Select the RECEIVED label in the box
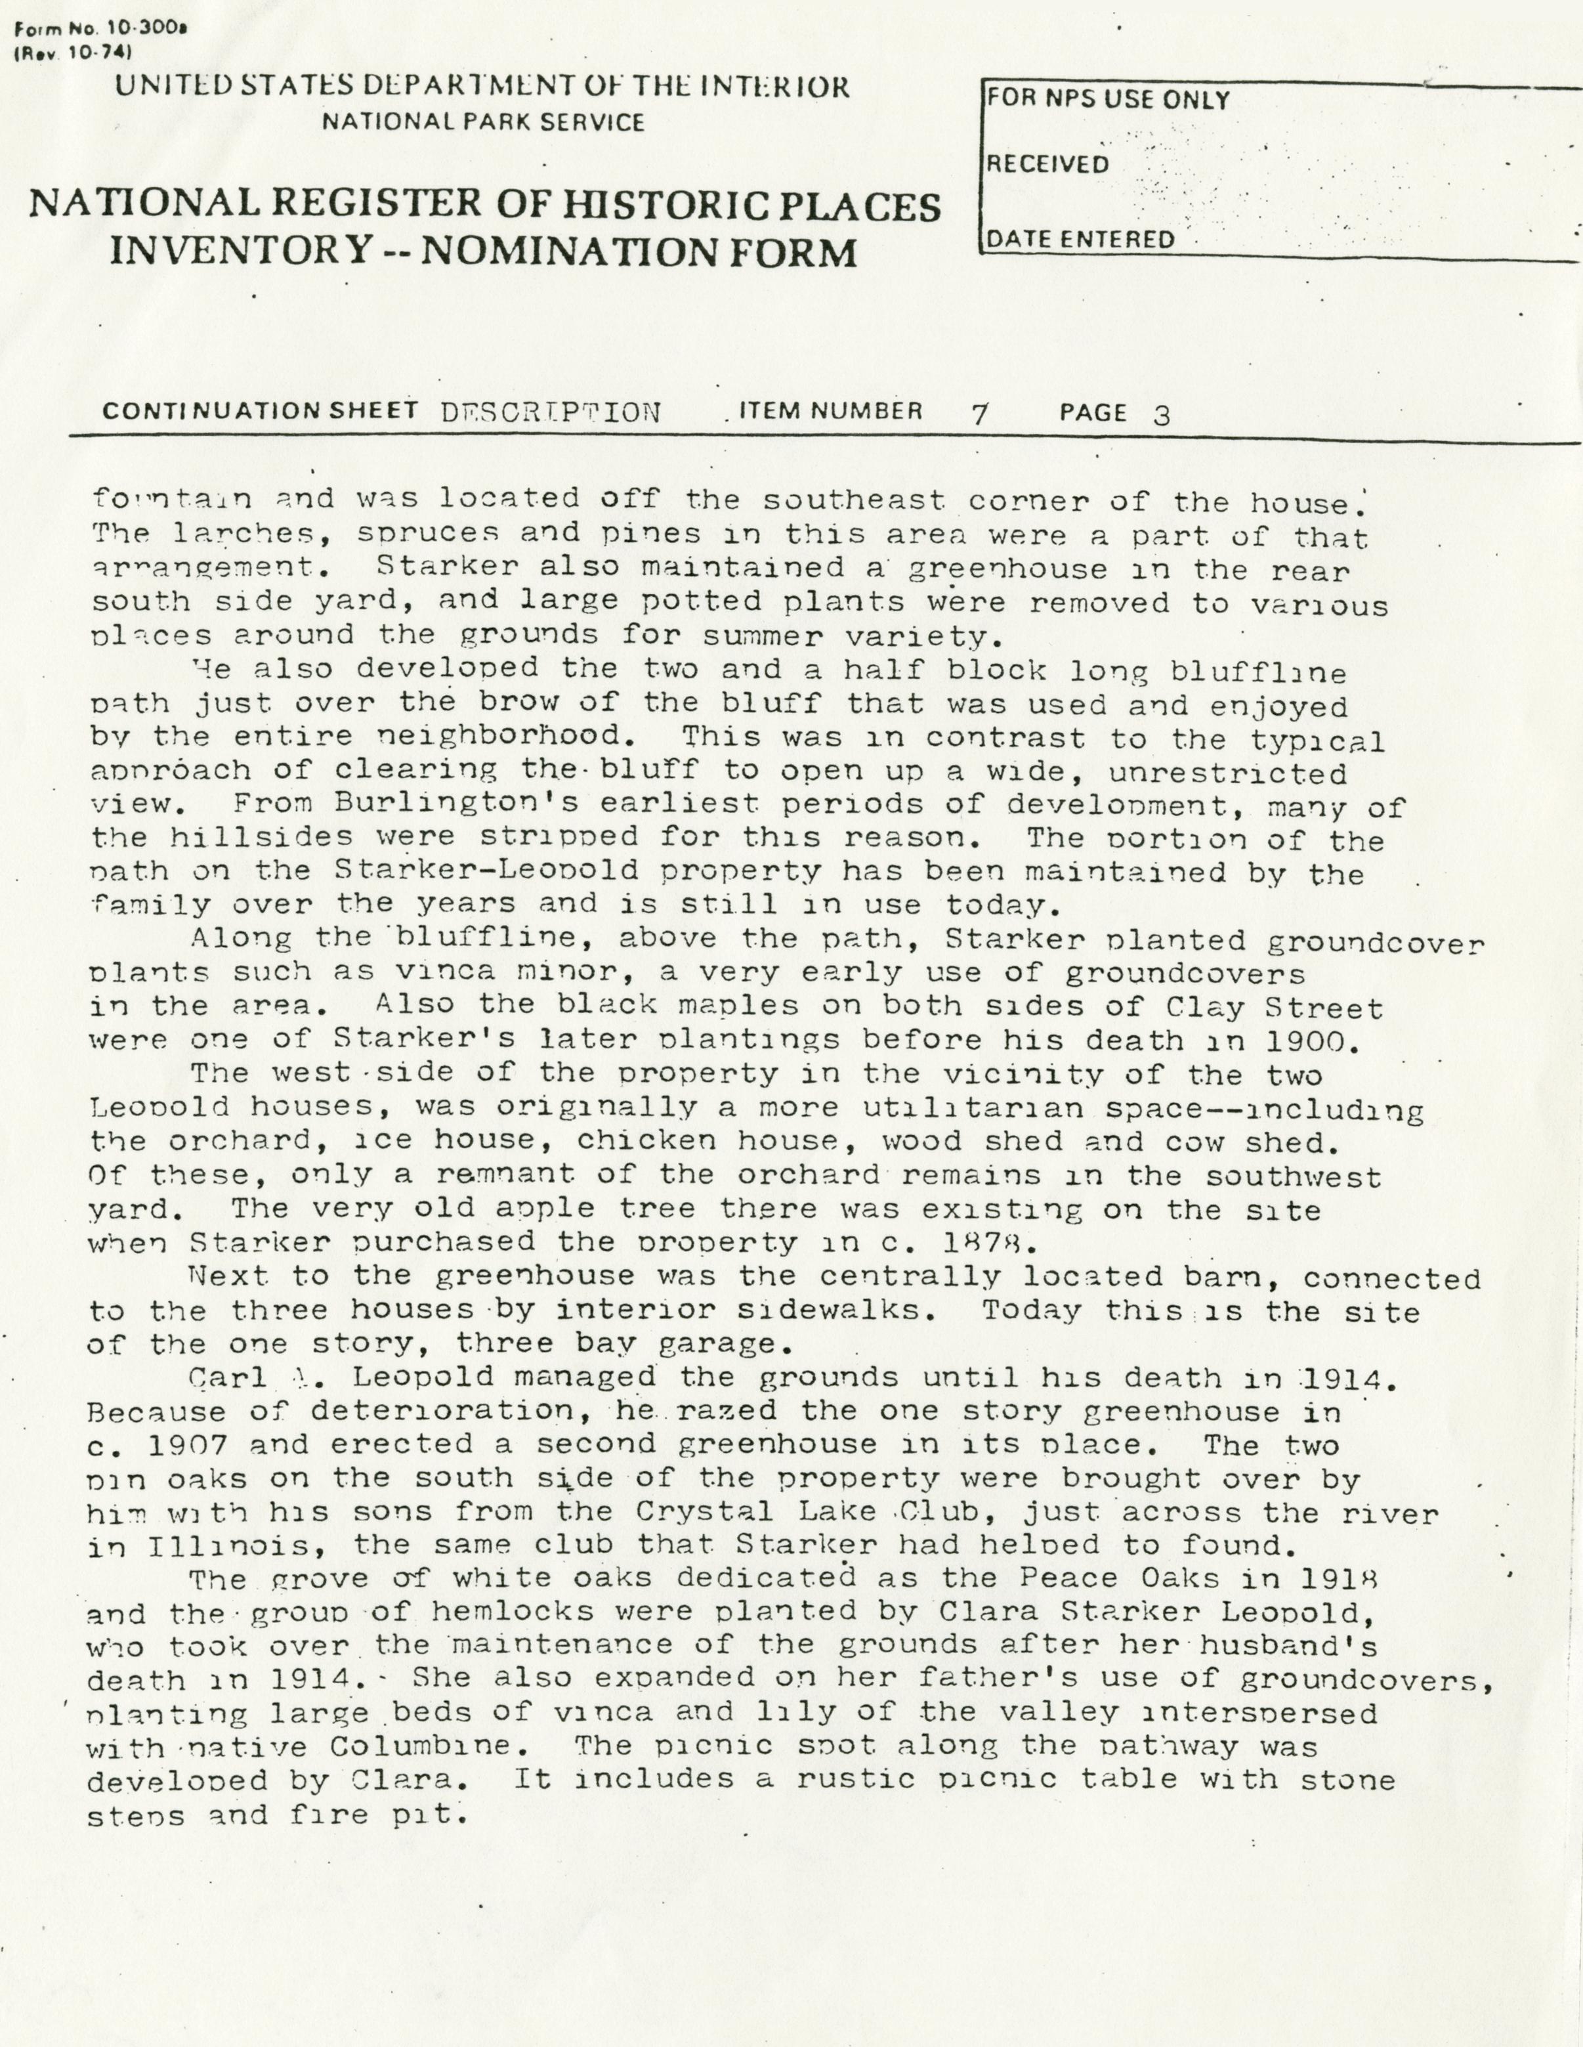(1046, 165)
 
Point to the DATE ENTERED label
(1078, 240)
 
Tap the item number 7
(979, 414)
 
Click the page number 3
(1162, 414)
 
